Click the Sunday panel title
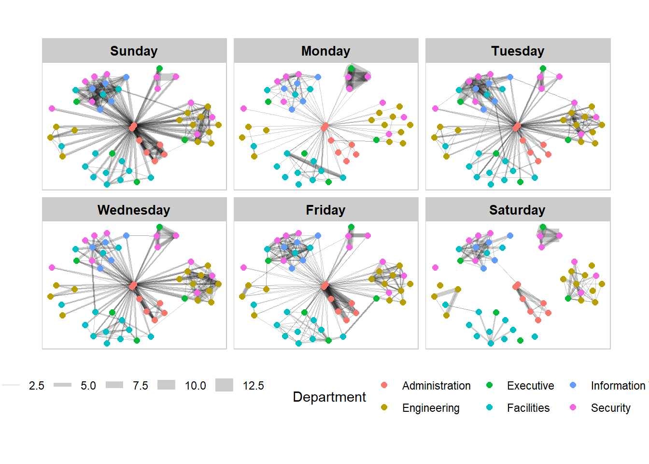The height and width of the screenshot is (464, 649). [134, 51]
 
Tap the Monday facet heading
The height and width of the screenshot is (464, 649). [325, 51]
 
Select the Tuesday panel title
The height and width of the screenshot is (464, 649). [518, 51]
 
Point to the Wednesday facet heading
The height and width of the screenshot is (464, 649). [134, 210]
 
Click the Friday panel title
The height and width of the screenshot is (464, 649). [325, 210]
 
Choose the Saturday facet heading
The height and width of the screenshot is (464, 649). [517, 210]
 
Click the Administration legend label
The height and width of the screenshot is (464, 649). [436, 386]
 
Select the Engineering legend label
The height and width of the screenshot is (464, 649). [431, 408]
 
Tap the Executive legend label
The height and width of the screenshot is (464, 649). [530, 386]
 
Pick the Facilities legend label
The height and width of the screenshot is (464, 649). [528, 408]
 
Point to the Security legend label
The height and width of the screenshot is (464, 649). [610, 408]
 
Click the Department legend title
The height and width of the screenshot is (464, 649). [329, 397]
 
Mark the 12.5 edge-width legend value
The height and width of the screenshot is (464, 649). [254, 386]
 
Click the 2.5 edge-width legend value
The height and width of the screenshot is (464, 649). [37, 386]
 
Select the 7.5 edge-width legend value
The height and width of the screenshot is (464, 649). [141, 386]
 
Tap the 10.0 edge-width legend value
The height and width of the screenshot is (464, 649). [196, 386]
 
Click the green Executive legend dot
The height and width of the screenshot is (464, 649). [489, 385]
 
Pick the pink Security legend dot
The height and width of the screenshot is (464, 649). [573, 407]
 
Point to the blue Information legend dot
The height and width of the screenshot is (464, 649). [573, 385]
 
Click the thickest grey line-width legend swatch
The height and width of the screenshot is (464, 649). [224, 385]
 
